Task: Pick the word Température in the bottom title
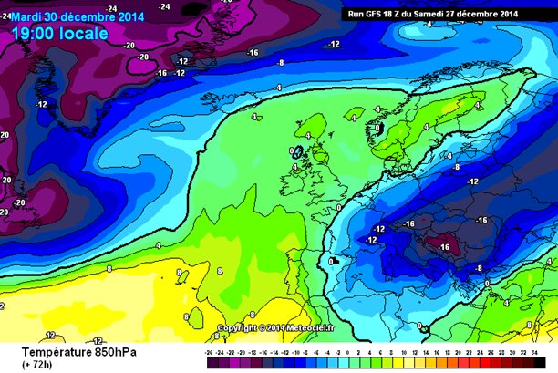[x=45, y=349]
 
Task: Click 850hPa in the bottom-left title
[x=109, y=349]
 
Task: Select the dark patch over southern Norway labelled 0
[x=381, y=130]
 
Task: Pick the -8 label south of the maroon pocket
[x=479, y=268]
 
